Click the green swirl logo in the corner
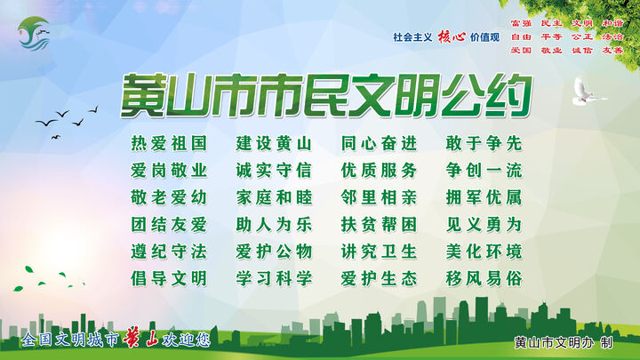pyautogui.click(x=34, y=34)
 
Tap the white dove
pyautogui.click(x=587, y=91)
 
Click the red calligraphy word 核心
pyautogui.click(x=452, y=36)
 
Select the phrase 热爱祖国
pyautogui.click(x=169, y=143)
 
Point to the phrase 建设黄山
pyautogui.click(x=274, y=143)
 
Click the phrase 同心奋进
pyautogui.click(x=380, y=143)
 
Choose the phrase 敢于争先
pyautogui.click(x=484, y=143)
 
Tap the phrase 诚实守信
pyautogui.click(x=274, y=170)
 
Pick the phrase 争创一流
pyautogui.click(x=484, y=170)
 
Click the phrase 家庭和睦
pyautogui.click(x=274, y=197)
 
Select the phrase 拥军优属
pyautogui.click(x=484, y=197)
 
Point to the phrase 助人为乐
pyautogui.click(x=274, y=225)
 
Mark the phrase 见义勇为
pyautogui.click(x=484, y=225)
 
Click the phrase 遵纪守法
pyautogui.click(x=169, y=252)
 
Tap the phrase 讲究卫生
pyautogui.click(x=380, y=252)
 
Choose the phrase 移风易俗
pyautogui.click(x=484, y=279)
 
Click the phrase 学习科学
pyautogui.click(x=274, y=279)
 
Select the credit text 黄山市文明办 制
pyautogui.click(x=564, y=342)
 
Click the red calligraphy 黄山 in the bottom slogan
pyautogui.click(x=141, y=339)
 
